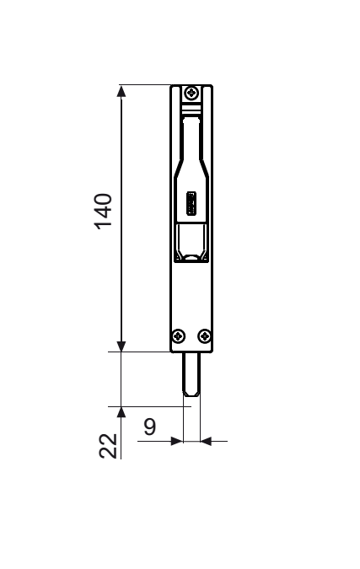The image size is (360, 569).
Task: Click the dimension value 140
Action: tap(104, 212)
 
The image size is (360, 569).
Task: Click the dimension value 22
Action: tap(108, 446)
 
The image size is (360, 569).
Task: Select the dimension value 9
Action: tap(150, 427)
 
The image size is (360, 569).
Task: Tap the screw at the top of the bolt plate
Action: tap(191, 93)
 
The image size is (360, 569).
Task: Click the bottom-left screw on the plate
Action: tap(178, 336)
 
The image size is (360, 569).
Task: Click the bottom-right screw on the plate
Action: tap(205, 336)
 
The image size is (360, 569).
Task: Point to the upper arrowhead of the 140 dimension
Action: tap(121, 91)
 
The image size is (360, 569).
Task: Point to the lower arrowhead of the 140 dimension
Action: tap(121, 346)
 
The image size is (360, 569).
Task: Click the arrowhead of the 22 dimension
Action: tap(121, 412)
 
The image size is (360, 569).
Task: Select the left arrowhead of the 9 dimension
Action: tap(177, 441)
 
